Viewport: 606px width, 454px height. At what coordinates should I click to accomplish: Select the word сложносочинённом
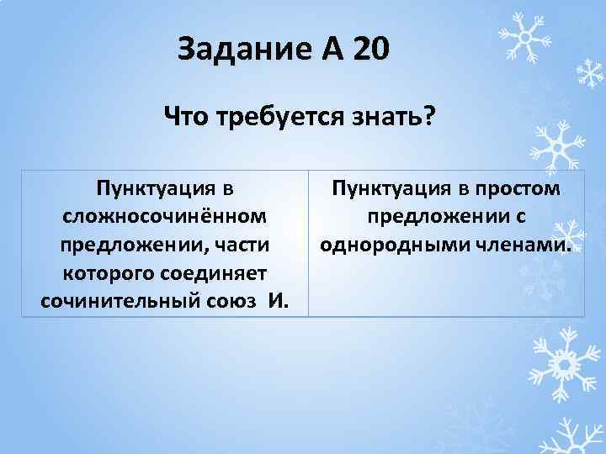[x=166, y=216]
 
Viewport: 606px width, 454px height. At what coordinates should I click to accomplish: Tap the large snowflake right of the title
[x=523, y=37]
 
